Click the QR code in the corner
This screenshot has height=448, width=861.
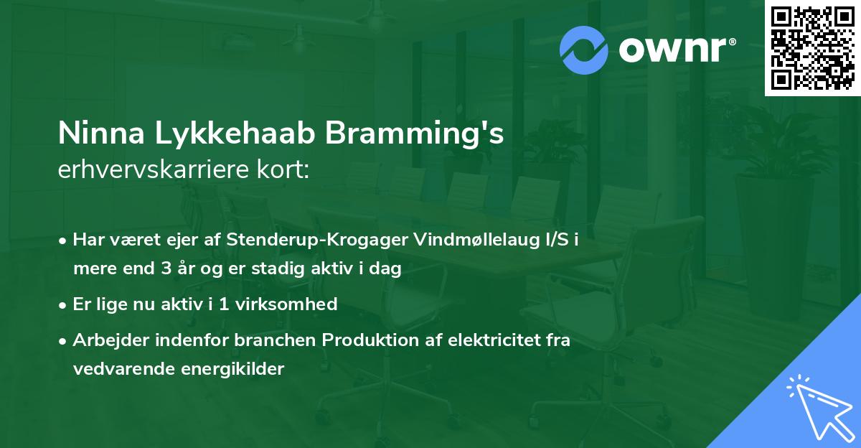(x=812, y=48)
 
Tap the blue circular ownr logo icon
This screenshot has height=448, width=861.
(x=584, y=50)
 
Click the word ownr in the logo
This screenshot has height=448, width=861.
(x=674, y=50)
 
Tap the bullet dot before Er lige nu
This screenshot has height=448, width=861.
(x=64, y=305)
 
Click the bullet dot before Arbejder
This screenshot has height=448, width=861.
(x=64, y=340)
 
